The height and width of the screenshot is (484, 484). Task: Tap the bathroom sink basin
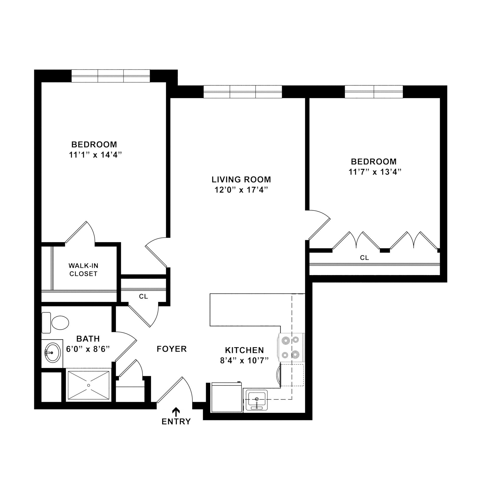tap(52, 352)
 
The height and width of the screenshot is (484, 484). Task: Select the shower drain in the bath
tap(88, 385)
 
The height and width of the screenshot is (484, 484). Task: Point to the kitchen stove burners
tap(290, 347)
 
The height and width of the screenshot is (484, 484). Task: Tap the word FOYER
tap(172, 349)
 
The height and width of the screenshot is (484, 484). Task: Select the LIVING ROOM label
tap(241, 179)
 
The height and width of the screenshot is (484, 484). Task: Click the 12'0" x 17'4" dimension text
tap(241, 190)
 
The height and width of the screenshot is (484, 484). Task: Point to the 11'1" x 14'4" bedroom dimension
tap(94, 155)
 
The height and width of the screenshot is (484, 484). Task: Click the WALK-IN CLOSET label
tap(83, 270)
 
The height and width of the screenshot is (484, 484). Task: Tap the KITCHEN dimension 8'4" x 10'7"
tap(244, 361)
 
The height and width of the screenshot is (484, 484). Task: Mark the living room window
tap(243, 92)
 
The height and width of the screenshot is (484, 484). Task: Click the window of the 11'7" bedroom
tap(374, 92)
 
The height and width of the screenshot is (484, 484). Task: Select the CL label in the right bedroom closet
tap(364, 258)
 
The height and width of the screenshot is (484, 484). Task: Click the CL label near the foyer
tap(143, 297)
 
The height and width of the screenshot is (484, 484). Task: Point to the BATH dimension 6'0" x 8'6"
tap(88, 349)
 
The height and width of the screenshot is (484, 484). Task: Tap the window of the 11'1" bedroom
tap(111, 76)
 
